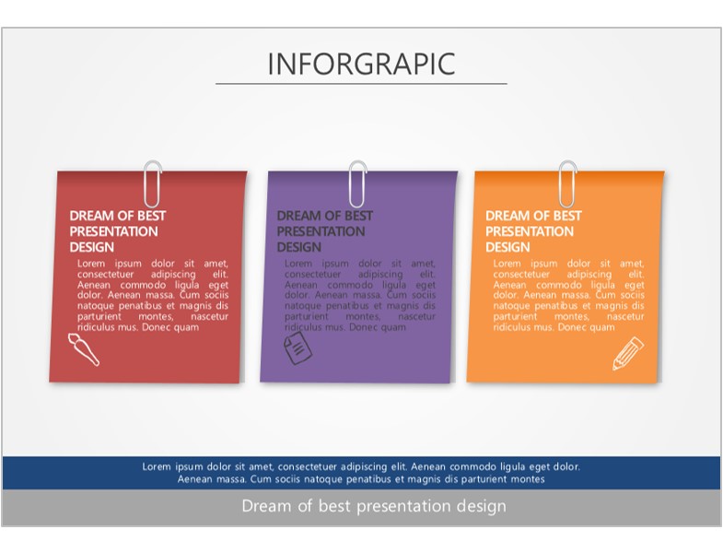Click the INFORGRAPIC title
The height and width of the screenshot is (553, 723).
[361, 64]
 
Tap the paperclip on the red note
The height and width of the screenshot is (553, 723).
[152, 183]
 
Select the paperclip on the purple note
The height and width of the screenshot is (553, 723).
[357, 183]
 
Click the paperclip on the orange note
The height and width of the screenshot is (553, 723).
[567, 183]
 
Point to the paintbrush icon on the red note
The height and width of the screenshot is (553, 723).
[84, 349]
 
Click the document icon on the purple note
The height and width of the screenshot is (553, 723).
[297, 348]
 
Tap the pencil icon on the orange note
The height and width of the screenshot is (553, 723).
[628, 354]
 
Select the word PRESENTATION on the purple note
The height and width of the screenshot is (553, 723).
[321, 231]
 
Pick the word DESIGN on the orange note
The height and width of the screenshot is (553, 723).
[507, 247]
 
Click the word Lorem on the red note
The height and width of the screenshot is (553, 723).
[91, 264]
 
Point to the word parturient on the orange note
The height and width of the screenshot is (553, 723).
[515, 317]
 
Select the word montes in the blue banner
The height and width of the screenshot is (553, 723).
[531, 479]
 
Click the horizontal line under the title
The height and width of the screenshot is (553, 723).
[361, 84]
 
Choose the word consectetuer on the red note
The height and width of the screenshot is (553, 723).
[106, 274]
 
